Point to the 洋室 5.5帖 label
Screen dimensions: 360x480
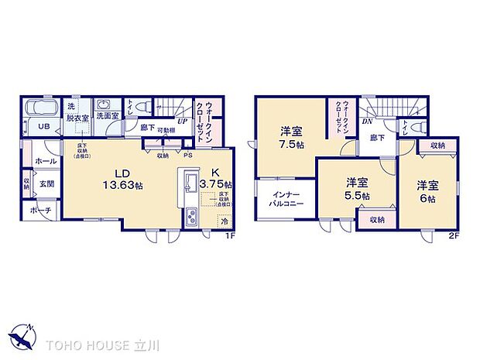pyautogui.click(x=356, y=189)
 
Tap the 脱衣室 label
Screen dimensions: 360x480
pyautogui.click(x=76, y=118)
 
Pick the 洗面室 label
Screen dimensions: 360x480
pyautogui.click(x=108, y=116)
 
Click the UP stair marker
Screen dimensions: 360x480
pyautogui.click(x=182, y=121)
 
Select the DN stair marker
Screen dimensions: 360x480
pyautogui.click(x=367, y=121)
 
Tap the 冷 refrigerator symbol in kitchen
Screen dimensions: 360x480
pyautogui.click(x=224, y=220)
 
